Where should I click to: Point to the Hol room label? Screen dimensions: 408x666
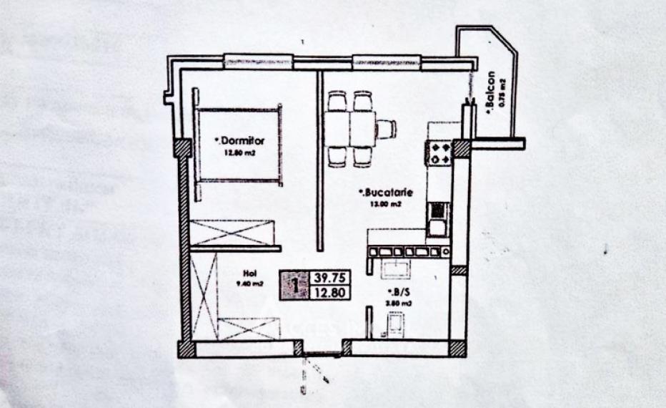pyautogui.click(x=249, y=273)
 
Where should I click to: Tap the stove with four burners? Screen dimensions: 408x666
pyautogui.click(x=438, y=152)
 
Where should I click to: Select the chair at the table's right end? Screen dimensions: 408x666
pyautogui.click(x=386, y=129)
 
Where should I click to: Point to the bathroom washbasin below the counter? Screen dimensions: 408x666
pyautogui.click(x=394, y=271)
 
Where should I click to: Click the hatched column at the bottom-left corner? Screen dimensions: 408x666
pyautogui.click(x=186, y=349)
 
